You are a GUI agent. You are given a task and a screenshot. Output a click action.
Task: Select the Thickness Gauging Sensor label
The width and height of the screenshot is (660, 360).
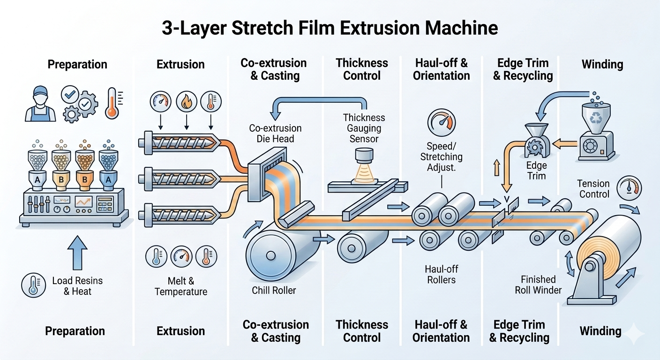(364, 128)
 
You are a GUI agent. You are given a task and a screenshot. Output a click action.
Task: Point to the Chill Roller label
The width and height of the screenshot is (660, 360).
(274, 290)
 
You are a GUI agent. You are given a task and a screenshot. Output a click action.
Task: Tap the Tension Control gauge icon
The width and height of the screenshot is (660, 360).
(627, 187)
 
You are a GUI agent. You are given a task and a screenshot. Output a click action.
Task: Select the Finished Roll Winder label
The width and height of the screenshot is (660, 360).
(538, 285)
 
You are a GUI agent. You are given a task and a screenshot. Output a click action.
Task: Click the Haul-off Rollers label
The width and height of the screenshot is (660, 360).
(442, 275)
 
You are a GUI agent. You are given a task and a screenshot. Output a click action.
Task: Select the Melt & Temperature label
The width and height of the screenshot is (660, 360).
(181, 286)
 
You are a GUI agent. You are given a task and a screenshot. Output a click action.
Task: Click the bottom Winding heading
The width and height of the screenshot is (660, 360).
(600, 331)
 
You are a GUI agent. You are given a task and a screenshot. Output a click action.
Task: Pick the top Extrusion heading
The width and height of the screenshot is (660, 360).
(180, 64)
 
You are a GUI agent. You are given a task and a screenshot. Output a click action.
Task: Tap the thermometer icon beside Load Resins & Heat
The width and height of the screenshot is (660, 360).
(33, 285)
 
